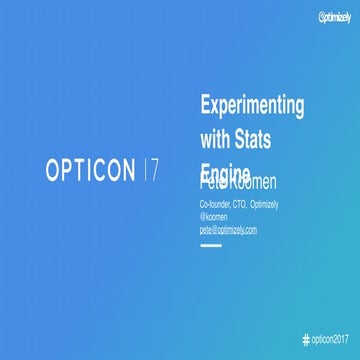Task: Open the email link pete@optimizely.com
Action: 229,230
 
